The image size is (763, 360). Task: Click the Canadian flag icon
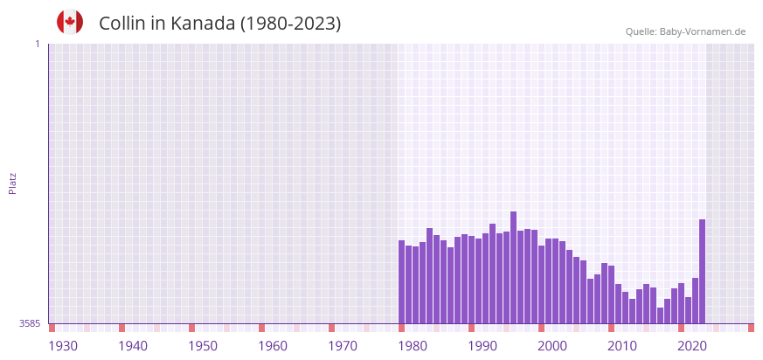pyautogui.click(x=70, y=22)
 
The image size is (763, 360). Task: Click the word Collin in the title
pyautogui.click(x=122, y=24)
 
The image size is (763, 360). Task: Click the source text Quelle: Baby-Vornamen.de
pyautogui.click(x=685, y=31)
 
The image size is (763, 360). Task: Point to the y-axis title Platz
pyautogui.click(x=12, y=183)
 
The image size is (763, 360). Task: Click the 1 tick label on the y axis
pyautogui.click(x=37, y=44)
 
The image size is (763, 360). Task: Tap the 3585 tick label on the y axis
pyautogui.click(x=30, y=323)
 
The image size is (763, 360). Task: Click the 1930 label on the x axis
pyautogui.click(x=63, y=346)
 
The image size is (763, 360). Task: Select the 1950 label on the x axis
pyautogui.click(x=203, y=346)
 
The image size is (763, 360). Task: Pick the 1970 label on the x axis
pyautogui.click(x=343, y=346)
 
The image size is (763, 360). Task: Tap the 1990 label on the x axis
pyautogui.click(x=482, y=346)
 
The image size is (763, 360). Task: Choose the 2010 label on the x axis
pyautogui.click(x=622, y=346)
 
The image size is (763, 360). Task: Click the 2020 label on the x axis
pyautogui.click(x=692, y=346)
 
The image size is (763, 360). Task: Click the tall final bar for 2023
pyautogui.click(x=702, y=271)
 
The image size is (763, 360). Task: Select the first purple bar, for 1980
pyautogui.click(x=401, y=281)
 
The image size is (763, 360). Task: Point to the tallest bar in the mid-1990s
pyautogui.click(x=513, y=267)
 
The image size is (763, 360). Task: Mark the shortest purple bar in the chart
pyautogui.click(x=660, y=315)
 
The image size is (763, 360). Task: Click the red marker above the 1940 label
pyautogui.click(x=121, y=328)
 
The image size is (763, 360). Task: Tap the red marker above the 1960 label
pyautogui.click(x=261, y=328)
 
